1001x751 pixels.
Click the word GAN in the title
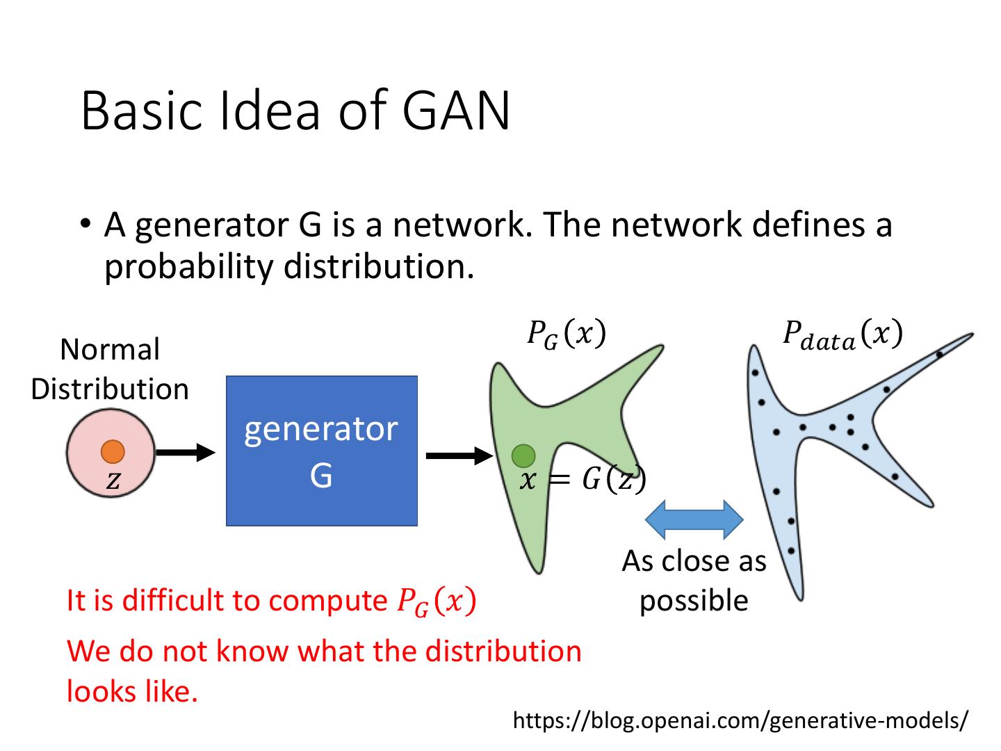(x=456, y=111)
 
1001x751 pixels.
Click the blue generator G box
(x=321, y=451)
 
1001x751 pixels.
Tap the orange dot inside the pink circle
(x=113, y=451)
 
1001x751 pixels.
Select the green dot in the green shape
(x=523, y=456)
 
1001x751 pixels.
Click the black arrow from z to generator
(x=186, y=453)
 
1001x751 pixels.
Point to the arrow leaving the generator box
(x=458, y=456)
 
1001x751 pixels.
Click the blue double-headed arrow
(x=694, y=519)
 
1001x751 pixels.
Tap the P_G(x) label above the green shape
(x=566, y=334)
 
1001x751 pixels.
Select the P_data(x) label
(x=842, y=334)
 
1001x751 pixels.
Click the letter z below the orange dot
(x=113, y=481)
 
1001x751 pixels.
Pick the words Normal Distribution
(x=110, y=369)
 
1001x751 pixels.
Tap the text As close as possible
(x=694, y=581)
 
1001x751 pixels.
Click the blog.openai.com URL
(x=739, y=720)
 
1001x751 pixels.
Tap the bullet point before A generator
(x=85, y=224)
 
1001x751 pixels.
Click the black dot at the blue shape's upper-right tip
(x=938, y=355)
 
